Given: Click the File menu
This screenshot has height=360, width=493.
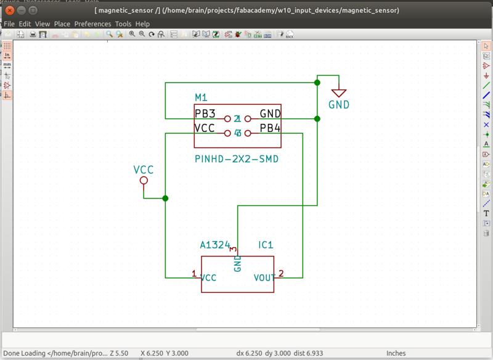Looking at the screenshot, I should click(9, 23).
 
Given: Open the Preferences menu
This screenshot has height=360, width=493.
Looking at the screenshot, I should click(92, 23).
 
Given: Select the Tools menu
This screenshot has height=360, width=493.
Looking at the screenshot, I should click(123, 23).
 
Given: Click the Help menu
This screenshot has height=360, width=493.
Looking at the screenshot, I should click(143, 23).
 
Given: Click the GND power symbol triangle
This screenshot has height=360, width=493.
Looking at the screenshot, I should click(338, 92).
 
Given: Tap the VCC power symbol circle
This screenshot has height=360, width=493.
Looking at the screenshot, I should click(144, 181).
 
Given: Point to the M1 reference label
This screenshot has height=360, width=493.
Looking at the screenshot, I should click(202, 98).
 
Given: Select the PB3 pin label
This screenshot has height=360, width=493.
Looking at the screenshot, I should click(205, 113).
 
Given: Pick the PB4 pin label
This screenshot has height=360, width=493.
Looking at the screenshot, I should click(270, 128).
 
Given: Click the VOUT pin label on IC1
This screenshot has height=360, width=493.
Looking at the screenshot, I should click(266, 278).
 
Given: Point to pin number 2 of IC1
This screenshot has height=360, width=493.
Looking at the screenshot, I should click(281, 273).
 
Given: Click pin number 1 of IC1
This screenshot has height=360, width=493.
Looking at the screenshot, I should click(194, 273).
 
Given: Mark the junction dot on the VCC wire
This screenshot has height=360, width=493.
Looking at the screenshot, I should click(165, 198).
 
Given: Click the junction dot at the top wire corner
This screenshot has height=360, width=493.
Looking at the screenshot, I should click(317, 82).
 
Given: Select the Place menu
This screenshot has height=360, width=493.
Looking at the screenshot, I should click(62, 23).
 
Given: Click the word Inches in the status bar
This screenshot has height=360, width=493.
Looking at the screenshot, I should click(396, 353).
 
